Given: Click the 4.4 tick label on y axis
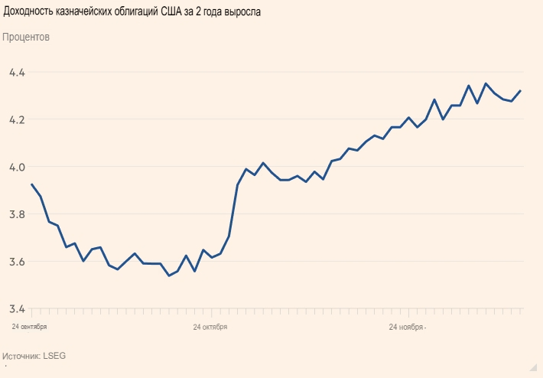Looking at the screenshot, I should [x=16, y=73].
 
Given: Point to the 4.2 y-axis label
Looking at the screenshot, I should [x=16, y=120].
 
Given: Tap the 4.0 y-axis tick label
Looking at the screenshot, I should [x=16, y=167].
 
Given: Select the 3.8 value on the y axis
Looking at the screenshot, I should [x=16, y=214].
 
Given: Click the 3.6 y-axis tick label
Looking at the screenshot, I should [x=16, y=262].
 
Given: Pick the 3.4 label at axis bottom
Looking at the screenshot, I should [x=16, y=309].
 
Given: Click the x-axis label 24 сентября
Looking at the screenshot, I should [x=29, y=327].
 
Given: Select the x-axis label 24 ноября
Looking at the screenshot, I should [x=407, y=327].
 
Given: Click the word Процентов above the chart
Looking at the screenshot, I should [x=26, y=37].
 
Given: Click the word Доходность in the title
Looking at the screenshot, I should [x=28, y=11].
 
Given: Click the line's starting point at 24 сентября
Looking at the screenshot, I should [x=31, y=184].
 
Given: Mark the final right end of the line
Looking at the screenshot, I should [x=520, y=91].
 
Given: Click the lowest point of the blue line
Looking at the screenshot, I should [x=168, y=275].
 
